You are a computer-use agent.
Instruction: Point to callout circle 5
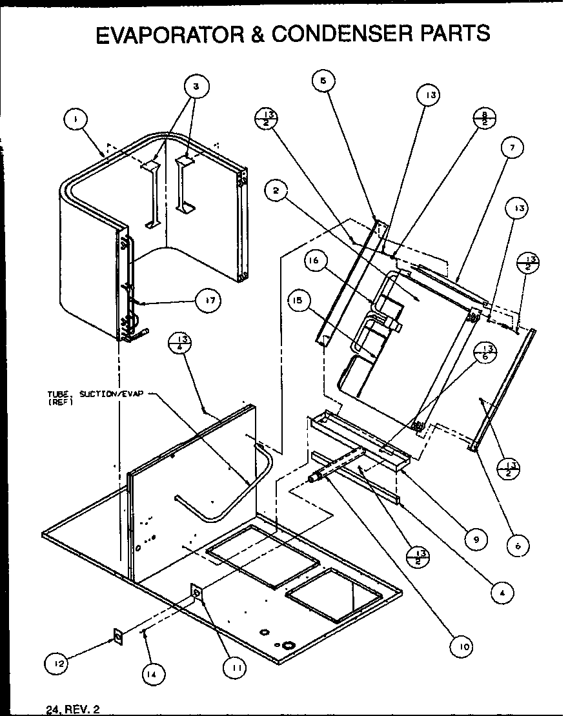click(x=323, y=81)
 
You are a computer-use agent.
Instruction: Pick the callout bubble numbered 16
click(x=315, y=261)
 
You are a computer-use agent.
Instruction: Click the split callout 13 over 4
click(x=181, y=343)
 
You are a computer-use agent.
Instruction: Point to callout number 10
click(x=462, y=646)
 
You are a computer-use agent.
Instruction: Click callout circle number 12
click(x=57, y=662)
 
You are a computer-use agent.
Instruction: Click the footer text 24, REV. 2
click(x=73, y=708)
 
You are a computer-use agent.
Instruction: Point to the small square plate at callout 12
click(x=118, y=637)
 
